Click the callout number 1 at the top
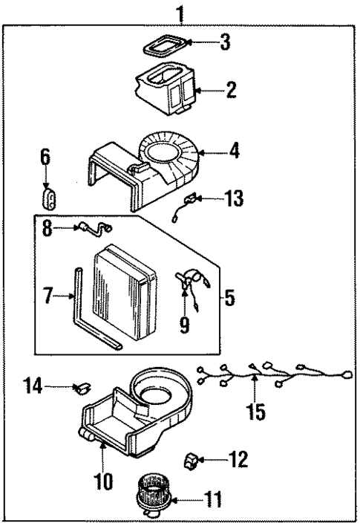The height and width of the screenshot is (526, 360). pos(179,13)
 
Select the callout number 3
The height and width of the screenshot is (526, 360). pos(224,43)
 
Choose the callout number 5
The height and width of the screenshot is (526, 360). pos(229,298)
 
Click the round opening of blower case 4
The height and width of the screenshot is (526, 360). pos(165,152)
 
